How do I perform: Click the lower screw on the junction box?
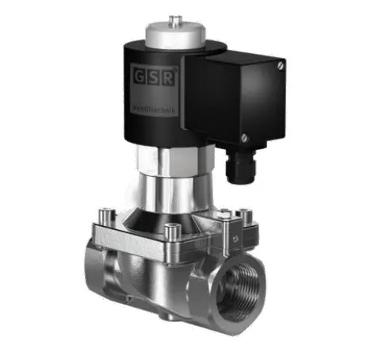point(244,137)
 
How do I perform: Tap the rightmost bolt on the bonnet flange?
point(246,213)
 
